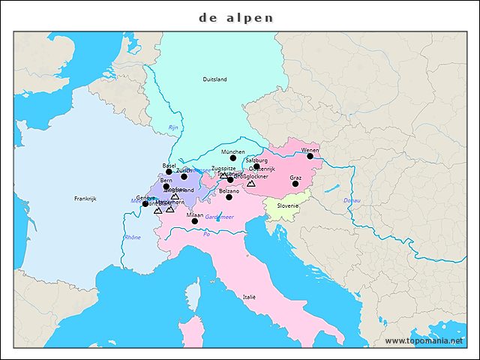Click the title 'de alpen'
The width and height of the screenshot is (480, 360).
pos(237,17)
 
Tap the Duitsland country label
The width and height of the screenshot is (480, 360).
pos(214,79)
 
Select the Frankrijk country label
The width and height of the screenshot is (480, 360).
pos(85,199)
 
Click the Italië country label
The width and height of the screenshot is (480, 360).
pos(249,297)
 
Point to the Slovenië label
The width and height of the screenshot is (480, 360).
pos(288,205)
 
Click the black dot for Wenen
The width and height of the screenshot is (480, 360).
pos(310,156)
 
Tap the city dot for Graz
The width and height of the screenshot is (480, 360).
pos(295,184)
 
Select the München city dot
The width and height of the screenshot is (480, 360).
pos(233,157)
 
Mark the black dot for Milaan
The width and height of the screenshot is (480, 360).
pos(195,221)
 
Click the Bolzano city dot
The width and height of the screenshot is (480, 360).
pos(229,197)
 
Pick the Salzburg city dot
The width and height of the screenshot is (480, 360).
pos(256,166)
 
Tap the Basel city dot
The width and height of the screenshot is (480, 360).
pos(169,172)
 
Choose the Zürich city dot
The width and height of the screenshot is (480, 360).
pos(184,176)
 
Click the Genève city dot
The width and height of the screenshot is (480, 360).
pos(145,204)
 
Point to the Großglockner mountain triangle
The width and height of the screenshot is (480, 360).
pos(251,183)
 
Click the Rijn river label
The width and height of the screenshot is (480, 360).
pos(173,127)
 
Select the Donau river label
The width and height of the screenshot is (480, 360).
pos(352,200)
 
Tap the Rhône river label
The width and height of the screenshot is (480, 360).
pos(132,237)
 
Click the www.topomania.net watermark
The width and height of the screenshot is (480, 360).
pos(424,340)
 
